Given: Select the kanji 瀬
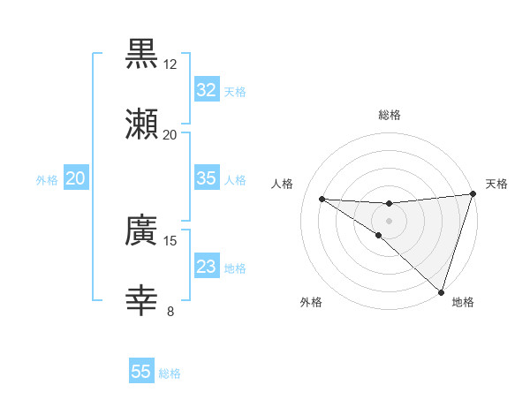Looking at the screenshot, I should pos(141,124).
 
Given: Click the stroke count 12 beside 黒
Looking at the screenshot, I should pos(170,64).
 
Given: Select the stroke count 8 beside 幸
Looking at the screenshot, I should pos(170,310).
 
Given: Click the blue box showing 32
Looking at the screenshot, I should pos(206,89).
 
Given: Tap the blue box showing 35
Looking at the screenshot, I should pos(206,178).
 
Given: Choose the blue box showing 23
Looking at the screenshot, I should pos(206,266).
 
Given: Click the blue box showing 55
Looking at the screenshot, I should pos(141,372).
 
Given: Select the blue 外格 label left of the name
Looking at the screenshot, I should pos(47,179).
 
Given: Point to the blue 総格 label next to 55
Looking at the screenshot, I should pos(170,373).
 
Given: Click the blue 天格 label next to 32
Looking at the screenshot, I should pos(235,91).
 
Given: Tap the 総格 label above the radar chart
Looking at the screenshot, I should pos(390,115).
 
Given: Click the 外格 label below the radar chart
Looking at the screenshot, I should pos(311,302).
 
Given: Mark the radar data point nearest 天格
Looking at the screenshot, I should pos(473,194).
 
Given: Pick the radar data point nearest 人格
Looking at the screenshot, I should pos(322,198).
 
